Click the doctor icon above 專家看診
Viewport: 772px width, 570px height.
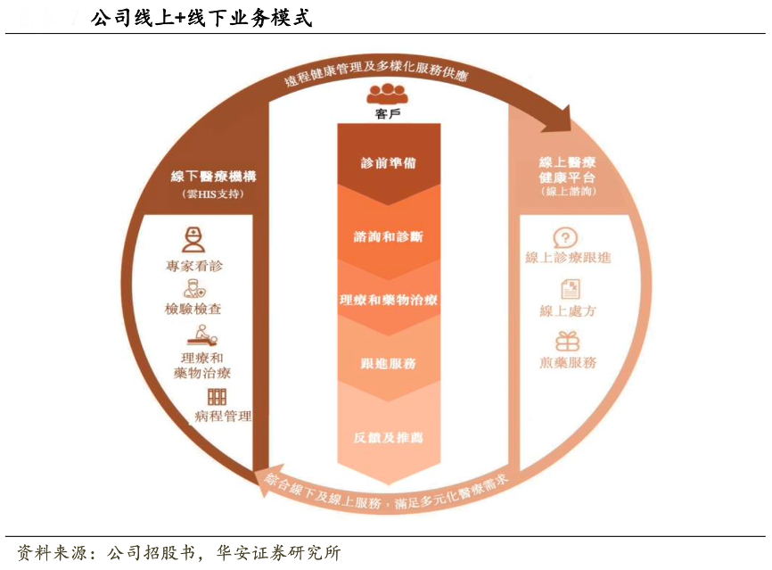(193, 239)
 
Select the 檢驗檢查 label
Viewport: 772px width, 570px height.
(193, 309)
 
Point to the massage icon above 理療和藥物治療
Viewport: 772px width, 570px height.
(201, 336)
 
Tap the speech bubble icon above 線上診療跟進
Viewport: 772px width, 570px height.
(565, 237)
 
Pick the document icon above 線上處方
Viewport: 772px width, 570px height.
(568, 288)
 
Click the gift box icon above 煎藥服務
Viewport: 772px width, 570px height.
(568, 341)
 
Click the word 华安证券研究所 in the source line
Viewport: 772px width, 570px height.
(277, 553)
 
